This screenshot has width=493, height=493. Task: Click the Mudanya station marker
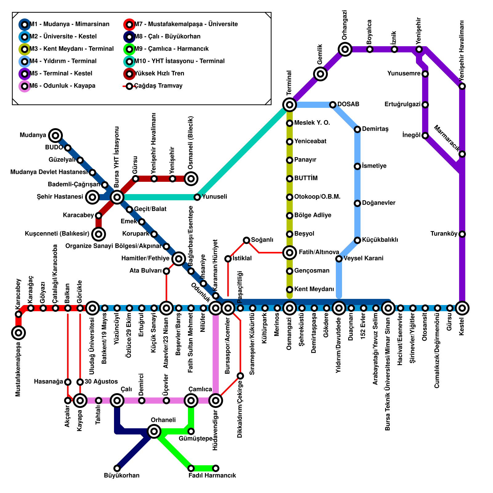click(x=55, y=135)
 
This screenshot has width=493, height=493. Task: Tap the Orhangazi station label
click(x=345, y=25)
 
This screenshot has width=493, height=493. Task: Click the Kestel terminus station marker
click(x=462, y=308)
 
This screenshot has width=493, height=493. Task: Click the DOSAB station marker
click(x=333, y=105)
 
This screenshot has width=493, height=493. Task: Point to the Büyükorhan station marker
click(x=117, y=468)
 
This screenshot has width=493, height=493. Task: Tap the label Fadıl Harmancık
click(x=212, y=475)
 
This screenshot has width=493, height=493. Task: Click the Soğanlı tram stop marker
click(x=246, y=240)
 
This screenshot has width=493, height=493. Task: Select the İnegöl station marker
click(x=425, y=136)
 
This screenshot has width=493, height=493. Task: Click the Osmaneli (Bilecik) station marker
click(x=191, y=178)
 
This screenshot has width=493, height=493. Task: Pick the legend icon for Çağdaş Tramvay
click(x=129, y=86)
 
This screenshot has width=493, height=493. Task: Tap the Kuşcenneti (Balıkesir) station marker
click(x=99, y=234)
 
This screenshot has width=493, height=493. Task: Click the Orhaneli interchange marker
click(x=154, y=431)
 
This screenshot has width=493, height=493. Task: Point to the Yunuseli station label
click(x=214, y=197)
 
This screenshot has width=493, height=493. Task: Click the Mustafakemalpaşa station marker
click(x=18, y=333)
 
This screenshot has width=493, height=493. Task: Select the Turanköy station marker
click(x=462, y=234)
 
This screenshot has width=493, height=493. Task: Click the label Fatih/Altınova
click(x=319, y=252)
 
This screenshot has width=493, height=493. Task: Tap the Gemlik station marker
click(x=320, y=74)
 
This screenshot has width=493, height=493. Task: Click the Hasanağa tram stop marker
click(x=68, y=382)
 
